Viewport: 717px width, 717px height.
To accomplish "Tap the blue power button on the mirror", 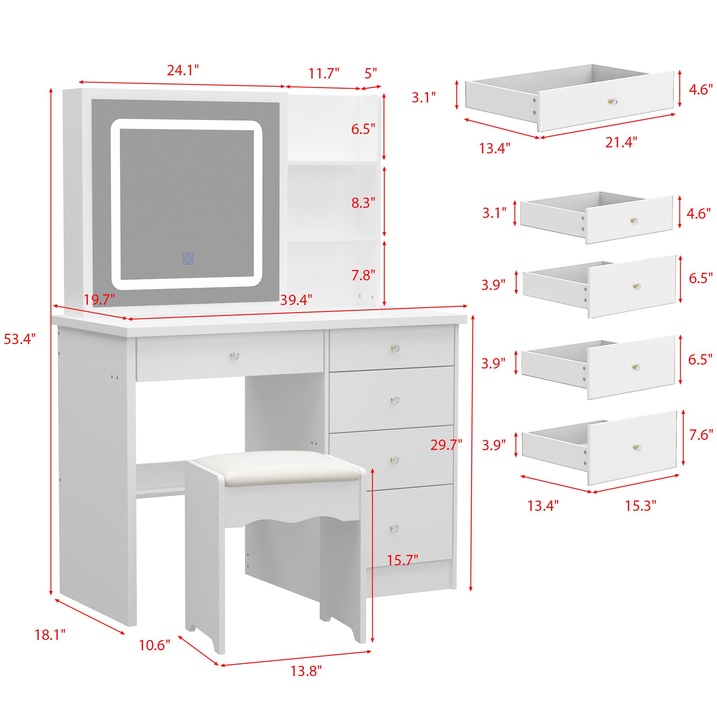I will click(x=188, y=259).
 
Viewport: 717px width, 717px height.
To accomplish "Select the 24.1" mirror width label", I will click(x=182, y=70).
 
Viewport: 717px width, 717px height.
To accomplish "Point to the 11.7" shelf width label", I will click(x=324, y=73).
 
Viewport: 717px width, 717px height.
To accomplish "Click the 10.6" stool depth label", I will click(x=155, y=645).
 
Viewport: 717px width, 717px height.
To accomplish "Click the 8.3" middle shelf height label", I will click(x=363, y=203).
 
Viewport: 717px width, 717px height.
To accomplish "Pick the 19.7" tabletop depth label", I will click(x=99, y=299).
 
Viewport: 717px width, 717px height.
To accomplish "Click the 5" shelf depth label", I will click(x=370, y=73).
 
